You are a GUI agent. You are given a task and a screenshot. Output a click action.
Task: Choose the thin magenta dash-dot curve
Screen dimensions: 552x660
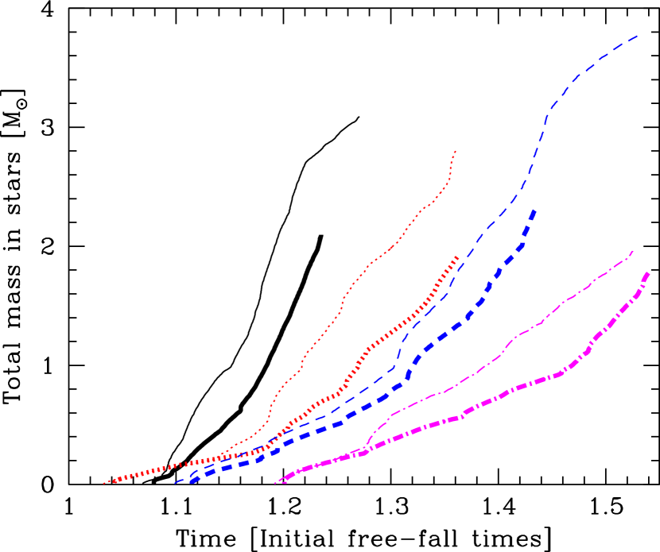pos(541,322)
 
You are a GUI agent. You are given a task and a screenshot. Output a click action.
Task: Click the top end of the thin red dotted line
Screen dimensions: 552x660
pos(455,150)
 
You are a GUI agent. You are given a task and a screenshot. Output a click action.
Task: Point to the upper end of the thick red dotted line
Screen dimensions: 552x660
pos(457,257)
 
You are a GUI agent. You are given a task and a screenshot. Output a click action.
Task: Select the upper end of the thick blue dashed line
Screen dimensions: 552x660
pos(534,210)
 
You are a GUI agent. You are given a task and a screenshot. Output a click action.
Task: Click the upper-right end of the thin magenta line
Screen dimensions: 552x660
pos(634,251)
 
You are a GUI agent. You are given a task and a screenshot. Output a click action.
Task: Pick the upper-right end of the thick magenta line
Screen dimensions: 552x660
pos(649,273)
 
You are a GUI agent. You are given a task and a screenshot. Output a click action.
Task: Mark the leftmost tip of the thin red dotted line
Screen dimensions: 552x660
pos(103,483)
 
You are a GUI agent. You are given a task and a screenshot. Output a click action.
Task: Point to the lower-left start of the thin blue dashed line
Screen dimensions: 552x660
pos(176,482)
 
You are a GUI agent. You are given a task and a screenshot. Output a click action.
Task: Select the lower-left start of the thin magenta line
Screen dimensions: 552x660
pos(274,483)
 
